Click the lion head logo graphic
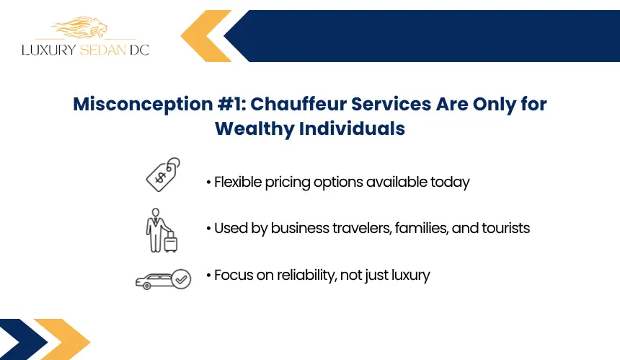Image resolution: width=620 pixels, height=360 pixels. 79,27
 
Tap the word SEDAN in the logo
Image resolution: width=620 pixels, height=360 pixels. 103,50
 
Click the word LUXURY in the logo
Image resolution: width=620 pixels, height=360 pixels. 48,50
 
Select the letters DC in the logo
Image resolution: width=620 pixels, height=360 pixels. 139,50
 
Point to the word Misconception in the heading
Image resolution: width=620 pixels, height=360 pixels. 143,105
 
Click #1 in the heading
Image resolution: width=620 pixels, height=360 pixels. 232,104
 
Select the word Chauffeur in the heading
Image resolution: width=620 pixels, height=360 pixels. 298,104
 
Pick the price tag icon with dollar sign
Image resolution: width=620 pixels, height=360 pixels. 163,175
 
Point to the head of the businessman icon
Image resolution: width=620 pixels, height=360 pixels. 156,213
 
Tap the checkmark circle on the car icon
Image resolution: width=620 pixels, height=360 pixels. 182,279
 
